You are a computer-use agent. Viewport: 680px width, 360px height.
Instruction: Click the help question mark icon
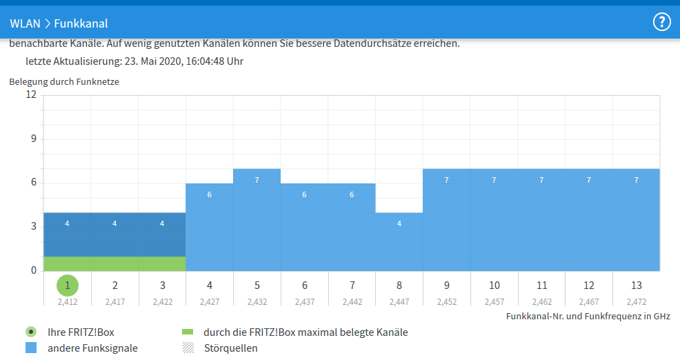tap(661, 22)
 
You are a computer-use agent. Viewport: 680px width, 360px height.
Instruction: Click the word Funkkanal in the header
tap(81, 23)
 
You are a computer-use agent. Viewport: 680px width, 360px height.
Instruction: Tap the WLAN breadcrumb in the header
tap(25, 23)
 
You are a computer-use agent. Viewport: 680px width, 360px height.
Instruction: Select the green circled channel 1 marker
tap(67, 285)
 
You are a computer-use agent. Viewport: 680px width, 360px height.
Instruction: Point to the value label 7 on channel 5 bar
tap(257, 180)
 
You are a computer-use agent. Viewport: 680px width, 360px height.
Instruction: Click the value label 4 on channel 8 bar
tap(399, 223)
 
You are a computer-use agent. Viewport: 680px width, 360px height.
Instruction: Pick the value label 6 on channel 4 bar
tap(209, 194)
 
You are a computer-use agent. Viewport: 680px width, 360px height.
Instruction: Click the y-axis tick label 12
tap(31, 94)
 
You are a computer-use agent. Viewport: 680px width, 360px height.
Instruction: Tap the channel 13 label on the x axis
tap(636, 285)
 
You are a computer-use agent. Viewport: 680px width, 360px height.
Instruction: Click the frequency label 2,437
tap(304, 301)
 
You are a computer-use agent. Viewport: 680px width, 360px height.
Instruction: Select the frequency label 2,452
tap(447, 301)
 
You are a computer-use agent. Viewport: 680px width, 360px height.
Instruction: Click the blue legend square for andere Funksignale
tap(31, 348)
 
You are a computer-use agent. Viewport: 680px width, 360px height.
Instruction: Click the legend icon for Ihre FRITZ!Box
tap(31, 332)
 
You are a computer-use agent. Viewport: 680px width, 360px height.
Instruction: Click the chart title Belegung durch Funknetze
tap(64, 81)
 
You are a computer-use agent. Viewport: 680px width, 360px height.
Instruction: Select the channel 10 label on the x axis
tap(494, 285)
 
